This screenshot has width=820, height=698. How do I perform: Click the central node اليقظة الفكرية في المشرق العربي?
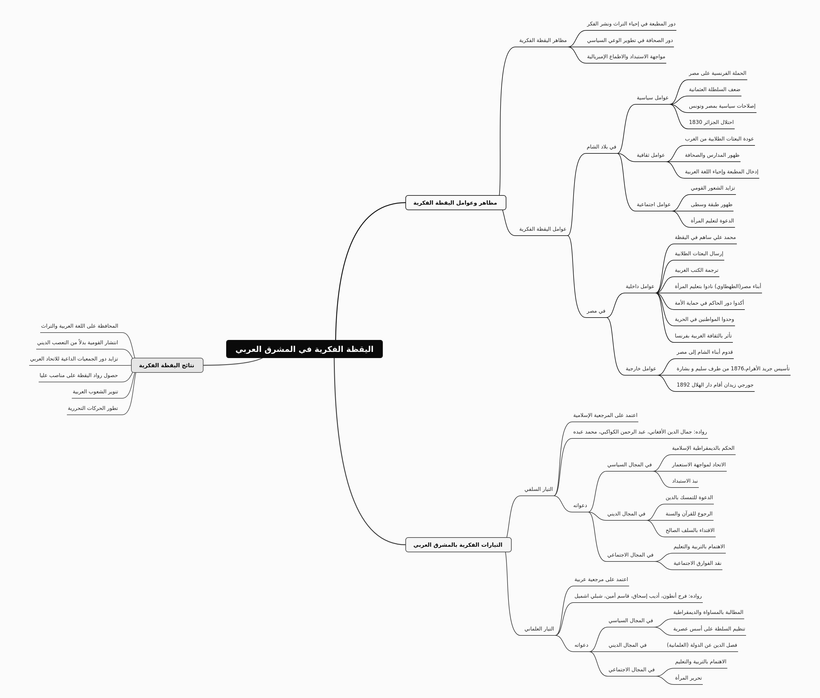pyautogui.click(x=304, y=349)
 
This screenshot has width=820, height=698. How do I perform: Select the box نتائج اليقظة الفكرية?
pyautogui.click(x=167, y=365)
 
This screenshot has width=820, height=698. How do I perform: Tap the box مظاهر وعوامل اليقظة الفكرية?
pyautogui.click(x=455, y=202)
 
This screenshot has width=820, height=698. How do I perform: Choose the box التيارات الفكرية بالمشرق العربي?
pyautogui.click(x=458, y=545)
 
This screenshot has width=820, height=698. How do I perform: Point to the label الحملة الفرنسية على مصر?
pyautogui.click(x=717, y=73)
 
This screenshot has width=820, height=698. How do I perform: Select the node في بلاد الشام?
pyautogui.click(x=601, y=147)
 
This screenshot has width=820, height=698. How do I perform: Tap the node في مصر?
pyautogui.click(x=596, y=311)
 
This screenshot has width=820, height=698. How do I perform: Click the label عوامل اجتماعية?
pyautogui.click(x=654, y=205)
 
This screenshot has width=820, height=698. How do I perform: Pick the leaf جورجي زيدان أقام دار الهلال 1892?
pyautogui.click(x=715, y=385)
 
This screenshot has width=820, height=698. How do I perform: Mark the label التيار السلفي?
pyautogui.click(x=539, y=489)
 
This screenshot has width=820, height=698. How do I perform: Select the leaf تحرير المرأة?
pyautogui.click(x=689, y=678)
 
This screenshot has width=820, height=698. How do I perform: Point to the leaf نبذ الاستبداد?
pyautogui.click(x=685, y=481)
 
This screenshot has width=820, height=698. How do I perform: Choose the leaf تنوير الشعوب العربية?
pyautogui.click(x=95, y=392)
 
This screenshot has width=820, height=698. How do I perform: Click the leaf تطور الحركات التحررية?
pyautogui.click(x=93, y=408)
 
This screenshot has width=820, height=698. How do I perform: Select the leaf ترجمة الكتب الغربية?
pyautogui.click(x=697, y=270)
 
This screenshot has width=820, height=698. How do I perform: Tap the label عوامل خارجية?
pyautogui.click(x=641, y=369)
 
